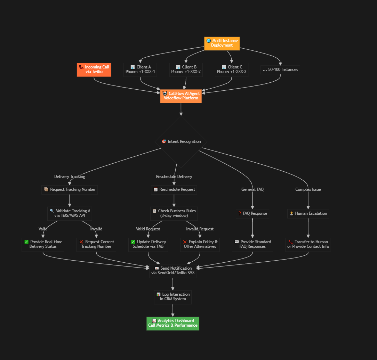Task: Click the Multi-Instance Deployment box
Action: point(222,43)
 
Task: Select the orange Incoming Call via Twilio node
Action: point(94,69)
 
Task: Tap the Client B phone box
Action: point(186,69)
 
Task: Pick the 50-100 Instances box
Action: point(280,69)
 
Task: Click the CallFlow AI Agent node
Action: point(181,96)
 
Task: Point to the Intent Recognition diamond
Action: point(181,141)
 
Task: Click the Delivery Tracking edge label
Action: point(70,177)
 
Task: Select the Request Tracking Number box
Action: point(70,190)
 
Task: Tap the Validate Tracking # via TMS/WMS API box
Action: point(70,213)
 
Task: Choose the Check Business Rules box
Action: point(174,213)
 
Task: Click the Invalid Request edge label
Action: point(200,229)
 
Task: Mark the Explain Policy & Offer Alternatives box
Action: point(200,244)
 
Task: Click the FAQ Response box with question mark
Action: point(252,213)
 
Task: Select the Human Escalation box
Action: point(308,213)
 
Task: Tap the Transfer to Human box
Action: point(308,244)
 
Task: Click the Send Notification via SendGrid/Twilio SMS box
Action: point(173,271)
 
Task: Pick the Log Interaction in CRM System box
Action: point(173,297)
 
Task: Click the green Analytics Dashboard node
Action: point(173,323)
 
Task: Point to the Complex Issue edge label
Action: point(308,189)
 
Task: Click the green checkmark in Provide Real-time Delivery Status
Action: point(26,242)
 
